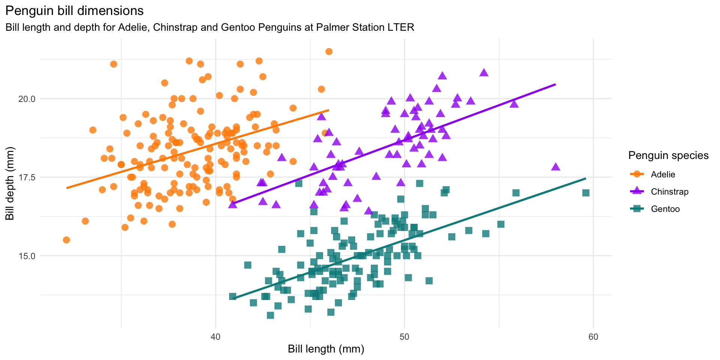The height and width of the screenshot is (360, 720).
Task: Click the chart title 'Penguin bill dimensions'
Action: (74, 11)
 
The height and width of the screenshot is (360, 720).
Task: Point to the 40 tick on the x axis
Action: (215, 336)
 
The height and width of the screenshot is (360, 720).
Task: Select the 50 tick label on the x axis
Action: (404, 336)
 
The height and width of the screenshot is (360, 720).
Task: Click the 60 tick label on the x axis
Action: (593, 336)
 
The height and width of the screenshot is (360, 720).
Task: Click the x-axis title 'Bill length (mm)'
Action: (326, 349)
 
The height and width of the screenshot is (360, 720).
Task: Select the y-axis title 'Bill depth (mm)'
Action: (10, 183)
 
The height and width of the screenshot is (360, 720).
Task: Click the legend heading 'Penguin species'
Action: (668, 155)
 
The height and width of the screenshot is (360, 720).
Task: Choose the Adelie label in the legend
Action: (663, 174)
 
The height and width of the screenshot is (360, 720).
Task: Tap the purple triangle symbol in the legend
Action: (636, 191)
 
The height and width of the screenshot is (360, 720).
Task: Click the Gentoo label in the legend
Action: (665, 209)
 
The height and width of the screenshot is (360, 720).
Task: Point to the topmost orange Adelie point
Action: (329, 51)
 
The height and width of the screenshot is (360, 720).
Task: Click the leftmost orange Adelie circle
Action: (66, 240)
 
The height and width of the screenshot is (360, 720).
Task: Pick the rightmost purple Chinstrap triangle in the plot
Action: (556, 166)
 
